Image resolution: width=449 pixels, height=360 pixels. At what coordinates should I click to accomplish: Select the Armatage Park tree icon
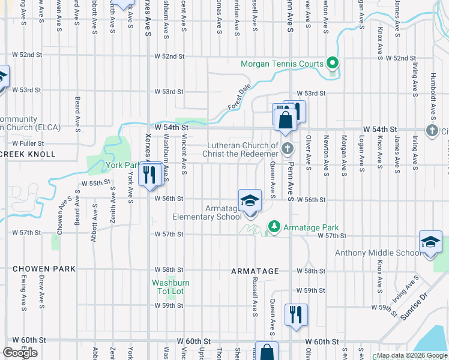[274, 227]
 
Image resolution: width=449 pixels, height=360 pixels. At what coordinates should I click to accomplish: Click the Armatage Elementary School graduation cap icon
[250, 201]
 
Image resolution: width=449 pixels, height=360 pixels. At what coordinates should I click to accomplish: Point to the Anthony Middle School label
[378, 253]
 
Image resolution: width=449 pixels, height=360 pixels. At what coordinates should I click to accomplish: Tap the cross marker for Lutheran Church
[288, 148]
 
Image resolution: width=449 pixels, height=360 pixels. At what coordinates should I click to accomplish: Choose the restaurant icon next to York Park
[148, 175]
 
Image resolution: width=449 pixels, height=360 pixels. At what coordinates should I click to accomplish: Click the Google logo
[20, 353]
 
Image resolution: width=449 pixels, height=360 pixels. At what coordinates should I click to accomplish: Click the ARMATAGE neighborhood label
[255, 271]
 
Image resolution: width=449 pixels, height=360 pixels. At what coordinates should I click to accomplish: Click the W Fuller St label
[28, 143]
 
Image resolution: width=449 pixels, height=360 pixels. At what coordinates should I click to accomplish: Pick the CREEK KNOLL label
[28, 154]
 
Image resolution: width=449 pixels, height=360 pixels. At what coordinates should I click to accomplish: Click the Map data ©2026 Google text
[412, 355]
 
